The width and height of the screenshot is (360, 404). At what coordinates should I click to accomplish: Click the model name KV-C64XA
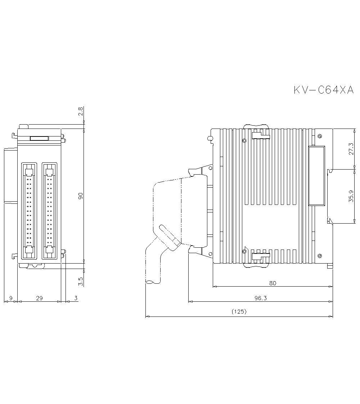coord(324,90)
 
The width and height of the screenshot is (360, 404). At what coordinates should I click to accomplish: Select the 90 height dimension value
coord(80,196)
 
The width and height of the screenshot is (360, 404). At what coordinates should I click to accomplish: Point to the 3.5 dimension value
coord(80,281)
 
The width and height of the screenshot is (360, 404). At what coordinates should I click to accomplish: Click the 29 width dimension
coord(39,298)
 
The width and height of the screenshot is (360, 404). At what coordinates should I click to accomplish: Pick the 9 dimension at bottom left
coord(10,298)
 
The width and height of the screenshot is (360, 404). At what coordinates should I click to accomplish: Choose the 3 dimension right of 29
coord(76,298)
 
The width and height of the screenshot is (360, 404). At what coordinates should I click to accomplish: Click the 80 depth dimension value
coord(273,283)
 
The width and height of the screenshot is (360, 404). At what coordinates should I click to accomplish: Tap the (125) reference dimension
coord(239,312)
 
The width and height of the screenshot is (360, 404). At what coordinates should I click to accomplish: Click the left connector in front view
coord(30,211)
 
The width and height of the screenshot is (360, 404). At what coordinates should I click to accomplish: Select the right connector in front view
coord(50,211)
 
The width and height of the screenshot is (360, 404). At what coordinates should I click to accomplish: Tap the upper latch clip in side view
coord(260,135)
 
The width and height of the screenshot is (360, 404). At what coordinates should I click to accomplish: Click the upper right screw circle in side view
coord(320,136)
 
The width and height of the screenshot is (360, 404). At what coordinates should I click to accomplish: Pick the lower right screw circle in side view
coord(320,255)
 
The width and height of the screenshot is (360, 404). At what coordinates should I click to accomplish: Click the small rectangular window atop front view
coord(39,138)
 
